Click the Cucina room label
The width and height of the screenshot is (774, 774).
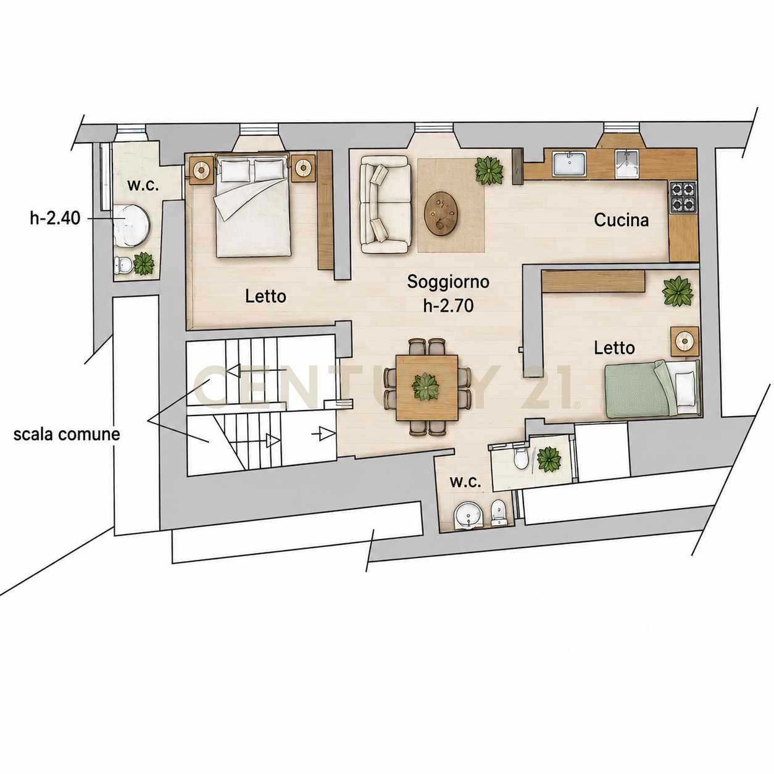621,220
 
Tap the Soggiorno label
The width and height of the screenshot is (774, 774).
448,281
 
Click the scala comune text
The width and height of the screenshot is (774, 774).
67,435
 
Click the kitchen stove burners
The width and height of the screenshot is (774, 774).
683,196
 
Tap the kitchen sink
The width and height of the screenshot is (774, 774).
569,164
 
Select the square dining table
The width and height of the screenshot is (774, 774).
427,388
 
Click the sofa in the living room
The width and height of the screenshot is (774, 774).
386,204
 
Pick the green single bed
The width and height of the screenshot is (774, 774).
653,388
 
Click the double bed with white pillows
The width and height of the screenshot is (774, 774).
253,206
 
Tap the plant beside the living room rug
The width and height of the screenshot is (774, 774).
489,170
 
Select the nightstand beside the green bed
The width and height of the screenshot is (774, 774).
685,341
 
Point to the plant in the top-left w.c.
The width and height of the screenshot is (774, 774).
143,264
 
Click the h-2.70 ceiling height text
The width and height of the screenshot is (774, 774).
448,306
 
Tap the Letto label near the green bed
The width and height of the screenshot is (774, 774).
615,348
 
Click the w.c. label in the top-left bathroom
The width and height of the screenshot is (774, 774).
143,186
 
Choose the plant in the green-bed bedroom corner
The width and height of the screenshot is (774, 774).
678,291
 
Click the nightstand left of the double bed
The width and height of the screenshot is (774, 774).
201,170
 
